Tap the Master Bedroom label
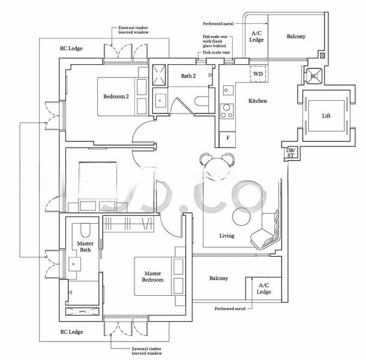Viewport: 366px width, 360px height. pyautogui.click(x=152, y=277)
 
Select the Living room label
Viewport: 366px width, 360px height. pyautogui.click(x=226, y=236)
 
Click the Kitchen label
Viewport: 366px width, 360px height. pyautogui.click(x=257, y=101)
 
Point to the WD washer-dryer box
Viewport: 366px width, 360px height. pyautogui.click(x=257, y=74)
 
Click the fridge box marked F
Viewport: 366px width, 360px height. pyautogui.click(x=227, y=138)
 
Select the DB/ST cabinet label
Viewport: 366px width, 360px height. pyautogui.click(x=290, y=154)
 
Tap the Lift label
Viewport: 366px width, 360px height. pyautogui.click(x=326, y=116)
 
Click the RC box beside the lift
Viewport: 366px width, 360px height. pyautogui.click(x=314, y=76)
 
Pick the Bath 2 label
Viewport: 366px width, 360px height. pyautogui.click(x=188, y=76)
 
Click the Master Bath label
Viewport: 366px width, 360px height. pyautogui.click(x=85, y=247)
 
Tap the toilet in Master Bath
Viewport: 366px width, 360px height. pyautogui.click(x=85, y=230)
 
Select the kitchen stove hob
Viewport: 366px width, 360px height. pyautogui.click(x=227, y=110)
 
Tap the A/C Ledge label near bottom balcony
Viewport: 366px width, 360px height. pyautogui.click(x=264, y=289)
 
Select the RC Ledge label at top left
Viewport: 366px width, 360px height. pyautogui.click(x=71, y=49)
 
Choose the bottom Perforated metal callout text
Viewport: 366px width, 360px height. pyautogui.click(x=230, y=309)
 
